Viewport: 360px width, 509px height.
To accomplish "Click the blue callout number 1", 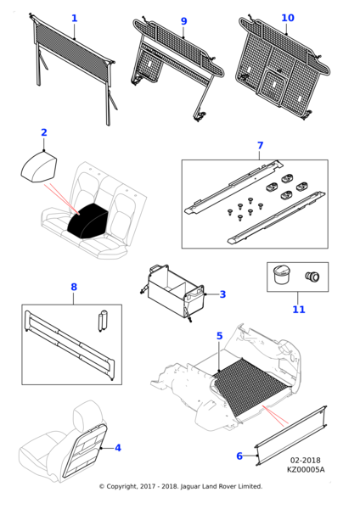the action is click(x=75, y=18).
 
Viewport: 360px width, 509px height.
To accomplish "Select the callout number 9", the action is click(x=184, y=21).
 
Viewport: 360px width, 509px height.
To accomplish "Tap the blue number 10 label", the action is click(x=288, y=18).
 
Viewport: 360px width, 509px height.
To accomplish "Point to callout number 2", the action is click(x=44, y=132).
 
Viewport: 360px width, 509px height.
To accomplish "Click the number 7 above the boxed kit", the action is click(x=260, y=145).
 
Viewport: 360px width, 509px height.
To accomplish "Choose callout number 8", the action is click(x=74, y=287).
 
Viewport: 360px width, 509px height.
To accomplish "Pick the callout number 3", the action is click(x=222, y=294).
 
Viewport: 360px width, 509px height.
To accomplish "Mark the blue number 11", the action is click(x=299, y=310).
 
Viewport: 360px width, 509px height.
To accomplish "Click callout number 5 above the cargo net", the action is click(x=220, y=336).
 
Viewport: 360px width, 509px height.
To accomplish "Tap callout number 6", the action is click(x=239, y=456).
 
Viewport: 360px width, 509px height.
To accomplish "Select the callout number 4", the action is click(x=118, y=448).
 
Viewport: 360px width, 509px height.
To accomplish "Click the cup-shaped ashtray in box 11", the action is click(x=280, y=275).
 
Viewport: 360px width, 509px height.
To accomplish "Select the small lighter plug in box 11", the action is click(x=312, y=277).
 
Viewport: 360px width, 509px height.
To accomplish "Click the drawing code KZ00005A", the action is click(x=306, y=469).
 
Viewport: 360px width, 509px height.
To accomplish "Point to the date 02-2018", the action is click(x=305, y=461).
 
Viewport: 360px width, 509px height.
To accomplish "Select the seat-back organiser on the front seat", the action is click(x=84, y=450).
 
